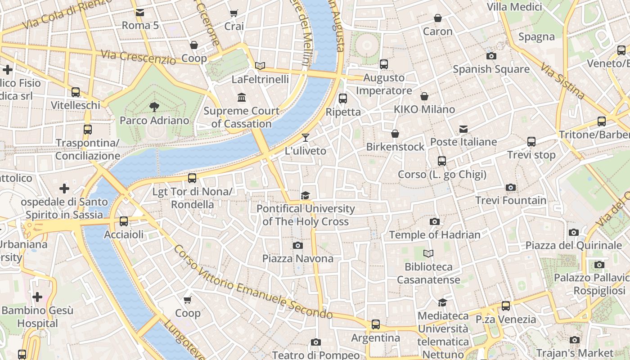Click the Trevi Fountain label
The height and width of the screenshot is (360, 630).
(511, 200)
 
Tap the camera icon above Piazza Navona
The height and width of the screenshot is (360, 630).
(297, 245)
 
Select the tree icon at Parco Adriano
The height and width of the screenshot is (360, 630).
(154, 107)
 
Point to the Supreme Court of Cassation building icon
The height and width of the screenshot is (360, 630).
(242, 97)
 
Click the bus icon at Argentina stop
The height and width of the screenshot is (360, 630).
(375, 324)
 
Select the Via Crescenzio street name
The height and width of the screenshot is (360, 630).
(138, 57)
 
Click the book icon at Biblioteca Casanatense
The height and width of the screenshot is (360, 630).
(428, 254)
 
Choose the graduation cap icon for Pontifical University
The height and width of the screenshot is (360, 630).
(306, 195)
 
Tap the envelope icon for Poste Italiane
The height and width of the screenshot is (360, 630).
(463, 129)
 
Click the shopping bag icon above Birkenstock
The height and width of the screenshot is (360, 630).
(395, 134)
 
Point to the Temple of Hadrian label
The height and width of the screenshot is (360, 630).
(435, 234)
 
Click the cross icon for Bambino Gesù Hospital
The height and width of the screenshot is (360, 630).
(37, 297)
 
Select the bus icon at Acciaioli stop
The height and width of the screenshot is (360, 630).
(124, 221)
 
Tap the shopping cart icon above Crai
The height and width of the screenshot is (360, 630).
(234, 13)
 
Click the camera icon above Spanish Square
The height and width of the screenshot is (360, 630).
(491, 56)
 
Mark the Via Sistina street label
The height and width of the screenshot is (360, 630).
(562, 81)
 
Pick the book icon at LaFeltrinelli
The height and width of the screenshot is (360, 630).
(260, 66)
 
